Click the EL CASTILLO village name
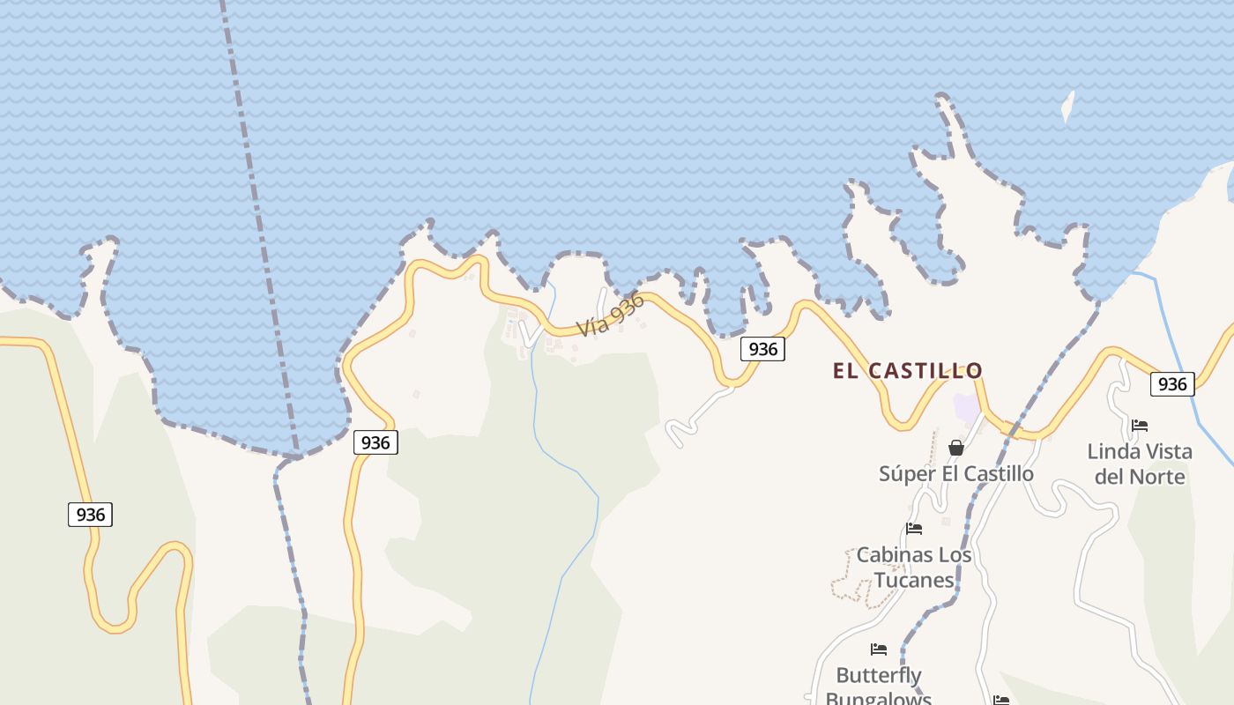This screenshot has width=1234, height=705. [x=907, y=371]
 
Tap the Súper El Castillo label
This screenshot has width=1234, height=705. [x=955, y=474]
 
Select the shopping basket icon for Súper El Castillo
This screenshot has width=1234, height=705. [x=956, y=449]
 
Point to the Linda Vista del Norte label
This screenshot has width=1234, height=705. [x=1139, y=464]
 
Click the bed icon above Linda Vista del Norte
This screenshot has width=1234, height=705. [x=1140, y=426]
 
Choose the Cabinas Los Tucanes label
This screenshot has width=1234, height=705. [x=914, y=568]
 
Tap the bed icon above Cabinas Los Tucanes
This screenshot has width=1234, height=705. [x=914, y=529]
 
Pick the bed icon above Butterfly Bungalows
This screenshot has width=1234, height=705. [x=879, y=649]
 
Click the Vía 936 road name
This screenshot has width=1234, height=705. [x=611, y=315]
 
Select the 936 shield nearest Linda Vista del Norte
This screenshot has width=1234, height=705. [x=1172, y=384]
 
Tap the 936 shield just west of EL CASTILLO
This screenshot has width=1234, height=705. [x=762, y=349]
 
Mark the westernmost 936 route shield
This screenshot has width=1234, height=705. [x=90, y=515]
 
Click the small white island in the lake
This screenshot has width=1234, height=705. [x=1068, y=107]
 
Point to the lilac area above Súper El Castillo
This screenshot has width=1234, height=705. [x=967, y=409]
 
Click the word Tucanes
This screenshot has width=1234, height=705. [x=914, y=580]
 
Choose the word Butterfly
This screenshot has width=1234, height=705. [x=879, y=676]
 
